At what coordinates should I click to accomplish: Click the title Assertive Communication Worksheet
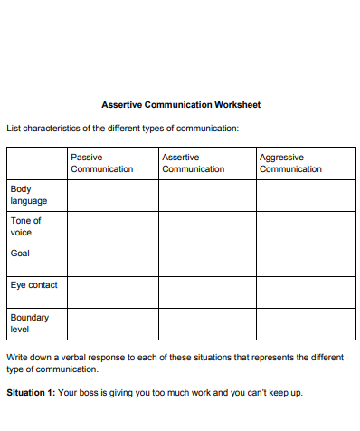tap(180, 105)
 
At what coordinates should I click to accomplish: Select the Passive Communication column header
tap(102, 163)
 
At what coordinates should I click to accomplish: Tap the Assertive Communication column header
tap(193, 163)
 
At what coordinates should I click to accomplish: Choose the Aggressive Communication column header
tap(290, 163)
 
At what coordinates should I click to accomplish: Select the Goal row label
tap(20, 254)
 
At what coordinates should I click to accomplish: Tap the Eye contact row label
tap(33, 285)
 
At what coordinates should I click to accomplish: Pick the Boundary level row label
tap(29, 323)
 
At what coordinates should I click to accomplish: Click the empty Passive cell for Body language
tap(113, 196)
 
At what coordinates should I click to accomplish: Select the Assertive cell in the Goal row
tap(207, 259)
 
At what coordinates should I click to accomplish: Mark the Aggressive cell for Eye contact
tap(303, 292)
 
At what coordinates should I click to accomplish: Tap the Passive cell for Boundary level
tap(113, 324)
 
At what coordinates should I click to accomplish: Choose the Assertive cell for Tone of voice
tap(207, 227)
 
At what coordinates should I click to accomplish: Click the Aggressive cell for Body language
tap(303, 196)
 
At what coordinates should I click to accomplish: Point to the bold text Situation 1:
tap(31, 393)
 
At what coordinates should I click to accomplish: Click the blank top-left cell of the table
tap(36, 163)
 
